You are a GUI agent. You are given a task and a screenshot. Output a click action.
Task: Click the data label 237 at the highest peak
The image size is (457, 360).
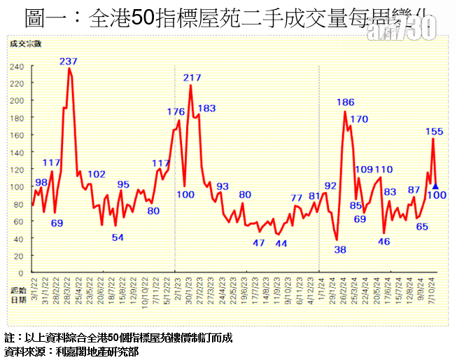click(68, 62)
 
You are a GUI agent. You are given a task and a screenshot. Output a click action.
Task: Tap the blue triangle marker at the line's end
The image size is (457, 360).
click(435, 186)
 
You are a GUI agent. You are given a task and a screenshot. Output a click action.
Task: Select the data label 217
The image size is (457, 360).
click(192, 77)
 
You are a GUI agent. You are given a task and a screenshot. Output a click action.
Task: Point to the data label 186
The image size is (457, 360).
click(345, 102)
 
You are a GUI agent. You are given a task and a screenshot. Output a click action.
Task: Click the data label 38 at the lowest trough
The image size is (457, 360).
click(340, 249)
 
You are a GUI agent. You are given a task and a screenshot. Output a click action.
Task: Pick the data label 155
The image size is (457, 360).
click(434, 131)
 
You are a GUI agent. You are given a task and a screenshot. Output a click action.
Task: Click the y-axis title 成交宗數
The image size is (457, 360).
click(25, 44)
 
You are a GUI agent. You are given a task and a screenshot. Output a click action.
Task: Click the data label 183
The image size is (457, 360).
click(206, 108)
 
